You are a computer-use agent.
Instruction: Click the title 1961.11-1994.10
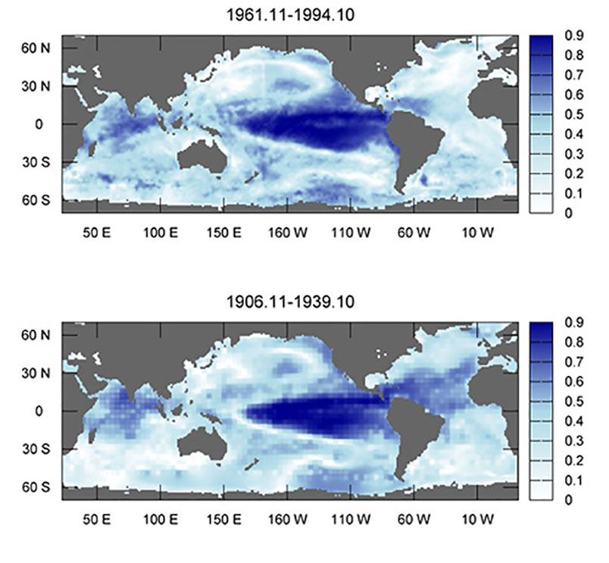[x=290, y=15]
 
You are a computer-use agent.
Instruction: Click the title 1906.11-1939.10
[x=290, y=302]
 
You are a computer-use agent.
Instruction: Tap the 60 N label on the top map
[x=36, y=48]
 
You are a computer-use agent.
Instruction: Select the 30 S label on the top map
[x=36, y=162]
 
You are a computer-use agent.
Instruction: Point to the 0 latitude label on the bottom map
[x=39, y=411]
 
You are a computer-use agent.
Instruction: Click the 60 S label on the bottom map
[x=36, y=486]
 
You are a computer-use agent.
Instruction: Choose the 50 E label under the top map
[x=97, y=233]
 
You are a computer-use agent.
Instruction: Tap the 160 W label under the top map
[x=288, y=233]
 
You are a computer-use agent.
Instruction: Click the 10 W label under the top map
[x=478, y=233]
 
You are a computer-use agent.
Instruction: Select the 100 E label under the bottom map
[x=161, y=520]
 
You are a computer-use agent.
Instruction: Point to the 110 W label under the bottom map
[x=351, y=520]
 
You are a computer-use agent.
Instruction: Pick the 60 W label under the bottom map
[x=414, y=520]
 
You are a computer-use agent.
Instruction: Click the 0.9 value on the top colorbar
[x=574, y=36]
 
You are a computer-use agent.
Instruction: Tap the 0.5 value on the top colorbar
[x=574, y=114]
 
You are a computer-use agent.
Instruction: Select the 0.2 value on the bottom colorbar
[x=574, y=461]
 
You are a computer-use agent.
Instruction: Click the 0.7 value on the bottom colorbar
[x=574, y=361]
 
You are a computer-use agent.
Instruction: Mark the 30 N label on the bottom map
[x=36, y=374]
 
